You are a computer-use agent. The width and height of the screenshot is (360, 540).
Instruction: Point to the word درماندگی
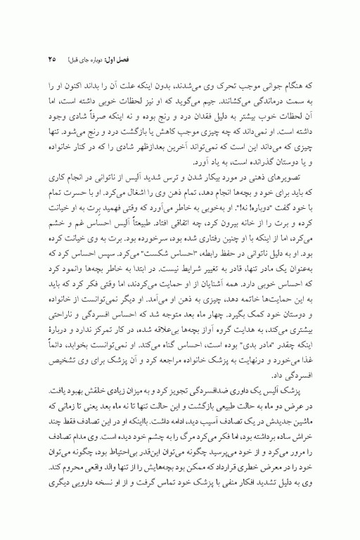277,104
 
